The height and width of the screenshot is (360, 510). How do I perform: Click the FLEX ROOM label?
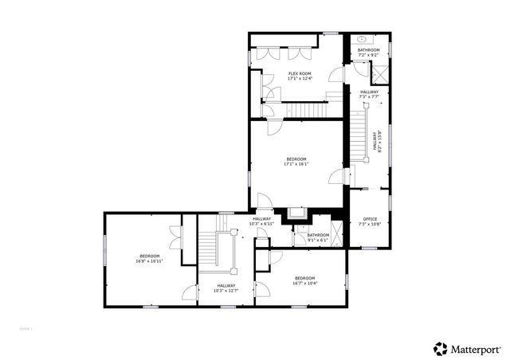300,76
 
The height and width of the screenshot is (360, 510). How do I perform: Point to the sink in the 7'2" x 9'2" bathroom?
362,38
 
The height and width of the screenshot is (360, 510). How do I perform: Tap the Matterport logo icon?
440,348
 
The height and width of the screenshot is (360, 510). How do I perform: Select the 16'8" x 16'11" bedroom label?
150,258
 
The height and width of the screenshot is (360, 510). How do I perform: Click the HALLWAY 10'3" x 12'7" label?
226,288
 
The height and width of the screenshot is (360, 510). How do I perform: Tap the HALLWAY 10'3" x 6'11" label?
261,221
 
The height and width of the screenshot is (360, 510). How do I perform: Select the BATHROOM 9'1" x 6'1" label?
319,237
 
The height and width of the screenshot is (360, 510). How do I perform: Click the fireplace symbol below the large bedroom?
299,213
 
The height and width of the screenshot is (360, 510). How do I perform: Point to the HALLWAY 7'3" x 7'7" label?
369,94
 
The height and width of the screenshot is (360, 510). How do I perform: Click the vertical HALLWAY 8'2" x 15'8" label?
378,142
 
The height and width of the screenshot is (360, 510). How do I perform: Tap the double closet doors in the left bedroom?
175,237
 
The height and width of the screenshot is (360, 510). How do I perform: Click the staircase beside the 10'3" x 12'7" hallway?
210,248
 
